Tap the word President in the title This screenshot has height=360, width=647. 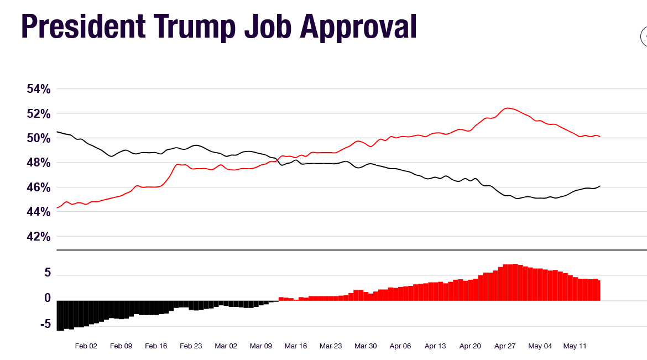pyautogui.click(x=78, y=26)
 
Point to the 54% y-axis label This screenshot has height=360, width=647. pyautogui.click(x=39, y=89)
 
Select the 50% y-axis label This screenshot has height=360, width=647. pyautogui.click(x=39, y=138)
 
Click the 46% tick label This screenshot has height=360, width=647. pyautogui.click(x=39, y=187)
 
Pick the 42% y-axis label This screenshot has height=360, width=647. pyautogui.click(x=39, y=237)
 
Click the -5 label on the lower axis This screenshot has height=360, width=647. pyautogui.click(x=45, y=324)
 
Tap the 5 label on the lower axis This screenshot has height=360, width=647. pyautogui.click(x=48, y=273)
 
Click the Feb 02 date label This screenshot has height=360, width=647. pyautogui.click(x=86, y=346)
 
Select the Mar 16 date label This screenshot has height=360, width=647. pyautogui.click(x=295, y=346)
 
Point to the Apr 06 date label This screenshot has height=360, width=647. pyautogui.click(x=400, y=346)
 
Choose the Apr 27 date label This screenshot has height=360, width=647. pyautogui.click(x=505, y=346)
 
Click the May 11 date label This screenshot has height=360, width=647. pyautogui.click(x=575, y=346)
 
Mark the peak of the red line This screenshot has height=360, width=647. pyautogui.click(x=507, y=108)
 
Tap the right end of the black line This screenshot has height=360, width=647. pyautogui.click(x=600, y=186)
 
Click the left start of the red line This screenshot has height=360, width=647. pyautogui.click(x=58, y=208)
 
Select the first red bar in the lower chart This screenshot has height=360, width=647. pyautogui.click(x=281, y=299)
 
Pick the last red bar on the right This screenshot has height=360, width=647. pyautogui.click(x=598, y=290)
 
